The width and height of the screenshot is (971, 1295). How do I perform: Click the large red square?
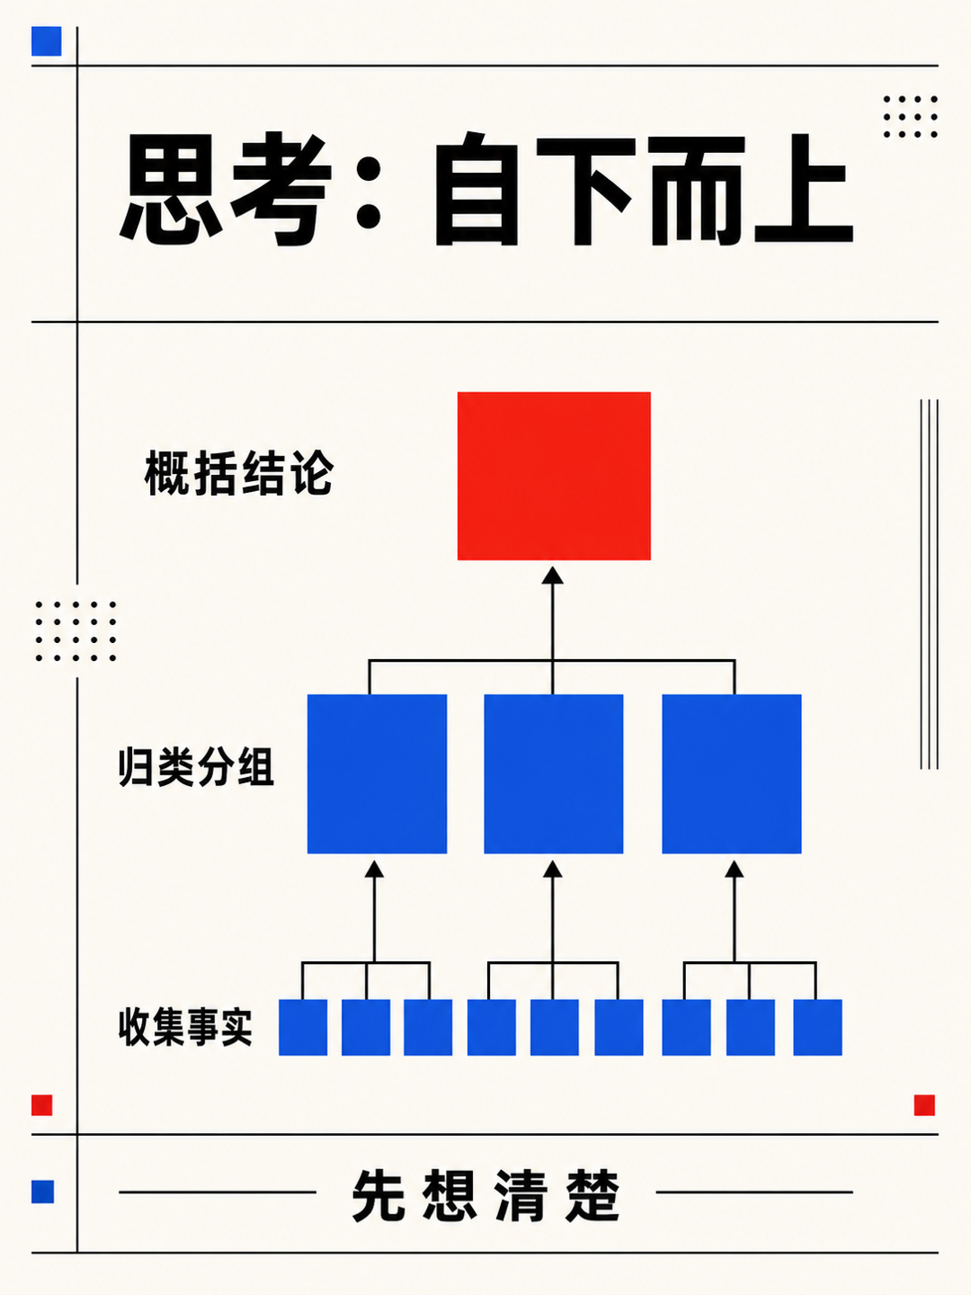[554, 476]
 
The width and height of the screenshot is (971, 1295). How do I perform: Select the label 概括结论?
[239, 472]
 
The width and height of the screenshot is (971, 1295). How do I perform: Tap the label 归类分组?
[196, 766]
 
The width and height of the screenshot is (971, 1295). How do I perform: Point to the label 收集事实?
[185, 1027]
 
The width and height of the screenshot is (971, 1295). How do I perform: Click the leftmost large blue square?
[377, 773]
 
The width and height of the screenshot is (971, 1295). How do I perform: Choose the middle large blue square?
[554, 773]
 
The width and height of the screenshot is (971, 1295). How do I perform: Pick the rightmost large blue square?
[732, 773]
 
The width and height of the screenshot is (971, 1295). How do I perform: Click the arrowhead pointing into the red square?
[552, 576]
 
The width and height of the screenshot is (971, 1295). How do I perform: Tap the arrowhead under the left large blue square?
[374, 869]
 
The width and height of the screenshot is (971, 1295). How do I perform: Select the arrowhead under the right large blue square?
[734, 869]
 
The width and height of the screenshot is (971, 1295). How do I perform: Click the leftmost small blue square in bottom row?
[303, 1027]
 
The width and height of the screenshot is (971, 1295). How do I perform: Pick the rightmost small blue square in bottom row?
[818, 1027]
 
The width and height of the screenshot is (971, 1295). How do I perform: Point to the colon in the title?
[369, 188]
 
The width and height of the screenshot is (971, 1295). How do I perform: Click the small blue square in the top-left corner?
[47, 41]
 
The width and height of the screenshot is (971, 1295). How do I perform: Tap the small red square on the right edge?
[924, 1105]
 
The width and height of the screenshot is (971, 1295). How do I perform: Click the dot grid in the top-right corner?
[910, 117]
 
